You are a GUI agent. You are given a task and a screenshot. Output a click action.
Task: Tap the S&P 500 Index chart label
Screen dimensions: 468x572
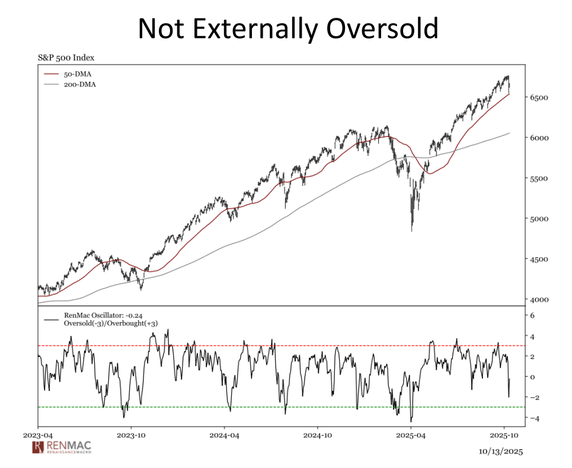66,58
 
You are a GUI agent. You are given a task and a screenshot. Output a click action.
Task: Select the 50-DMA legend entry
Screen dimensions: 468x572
77,74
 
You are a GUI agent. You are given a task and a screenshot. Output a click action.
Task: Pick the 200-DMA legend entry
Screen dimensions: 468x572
79,85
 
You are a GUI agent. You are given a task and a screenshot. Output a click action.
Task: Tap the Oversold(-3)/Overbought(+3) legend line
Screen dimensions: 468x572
110,323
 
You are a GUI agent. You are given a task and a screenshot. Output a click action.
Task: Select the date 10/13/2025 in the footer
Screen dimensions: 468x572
502,451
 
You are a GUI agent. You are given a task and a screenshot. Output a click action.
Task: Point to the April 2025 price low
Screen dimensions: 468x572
412,230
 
